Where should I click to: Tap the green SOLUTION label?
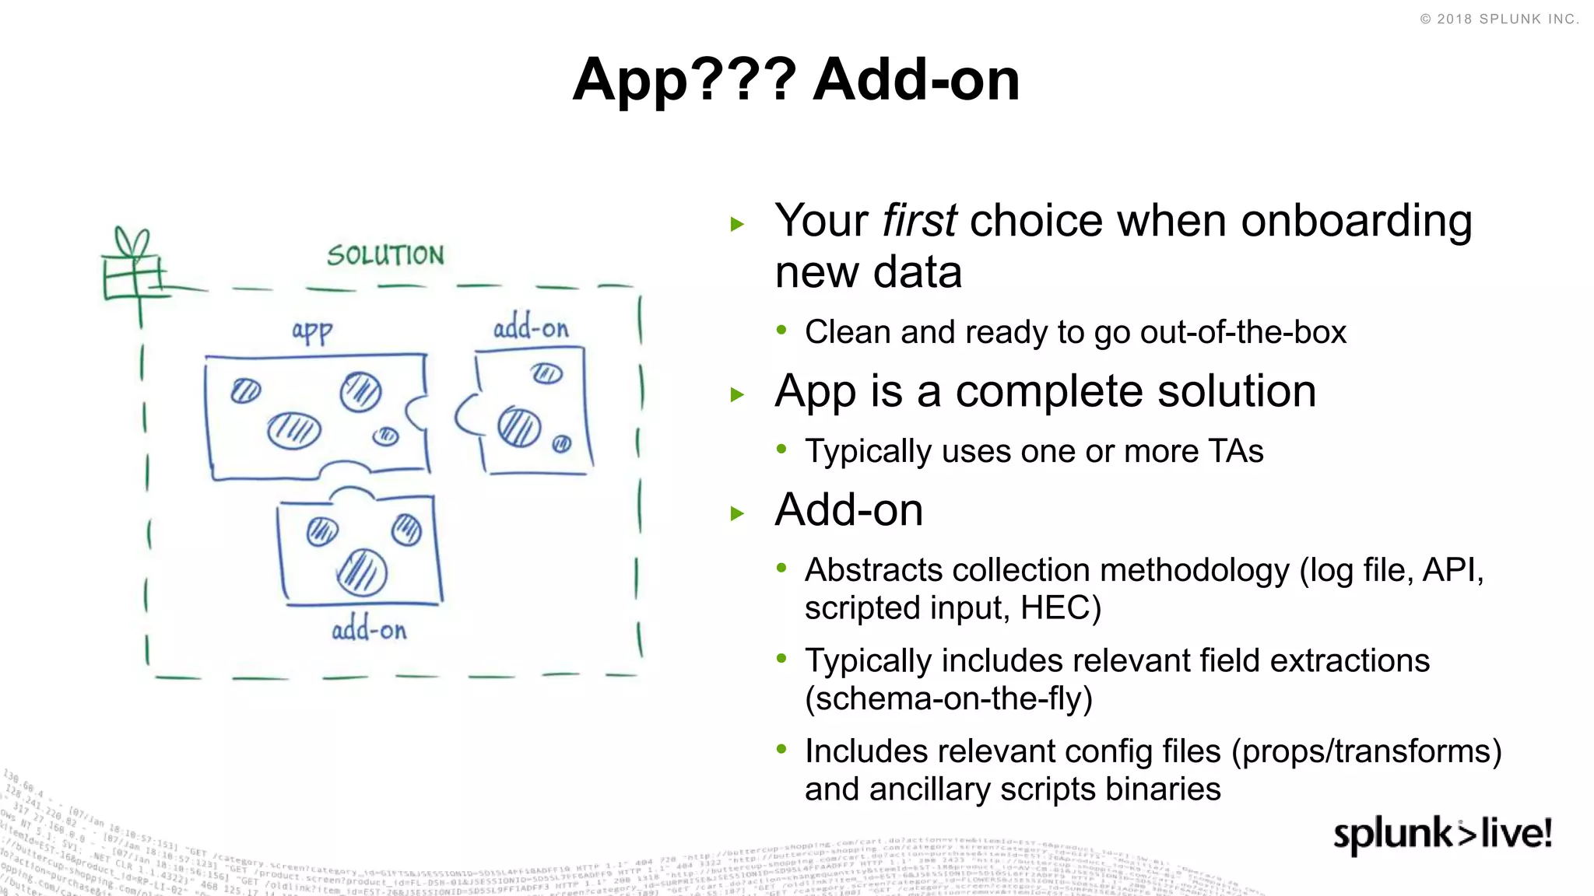[x=385, y=255]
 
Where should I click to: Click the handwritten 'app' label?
[x=312, y=331]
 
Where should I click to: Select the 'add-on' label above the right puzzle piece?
[x=531, y=328]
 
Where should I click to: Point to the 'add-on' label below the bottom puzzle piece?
[x=369, y=629]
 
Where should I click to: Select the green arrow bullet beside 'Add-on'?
[x=738, y=513]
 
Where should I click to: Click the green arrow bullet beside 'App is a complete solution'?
[x=738, y=394]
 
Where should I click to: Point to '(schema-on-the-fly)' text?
[x=949, y=698]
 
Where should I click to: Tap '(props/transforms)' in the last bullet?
[x=1366, y=751]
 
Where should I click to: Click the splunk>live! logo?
[x=1442, y=835]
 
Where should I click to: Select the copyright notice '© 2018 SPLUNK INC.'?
[x=1499, y=19]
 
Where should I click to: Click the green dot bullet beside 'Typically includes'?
[x=781, y=658]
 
